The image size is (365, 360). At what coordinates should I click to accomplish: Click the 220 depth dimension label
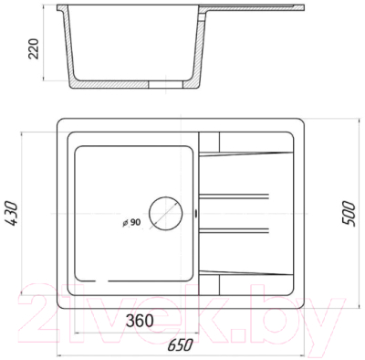pyautogui.click(x=34, y=48)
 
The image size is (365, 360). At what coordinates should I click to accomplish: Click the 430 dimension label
pyautogui.click(x=12, y=213)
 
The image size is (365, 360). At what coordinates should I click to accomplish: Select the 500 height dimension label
pyautogui.click(x=349, y=213)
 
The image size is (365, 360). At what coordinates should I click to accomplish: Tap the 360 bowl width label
pyautogui.click(x=140, y=321)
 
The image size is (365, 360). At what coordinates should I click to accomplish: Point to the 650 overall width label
pyautogui.click(x=181, y=344)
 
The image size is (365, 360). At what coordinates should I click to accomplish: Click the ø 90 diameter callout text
pyautogui.click(x=131, y=223)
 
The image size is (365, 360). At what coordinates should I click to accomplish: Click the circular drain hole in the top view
pyautogui.click(x=165, y=213)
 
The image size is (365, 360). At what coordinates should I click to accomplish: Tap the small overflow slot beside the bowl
pyautogui.click(x=195, y=213)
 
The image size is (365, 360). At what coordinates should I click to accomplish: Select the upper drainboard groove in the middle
pyautogui.click(x=234, y=196)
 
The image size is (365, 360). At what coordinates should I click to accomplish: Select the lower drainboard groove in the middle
pyautogui.click(x=234, y=230)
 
